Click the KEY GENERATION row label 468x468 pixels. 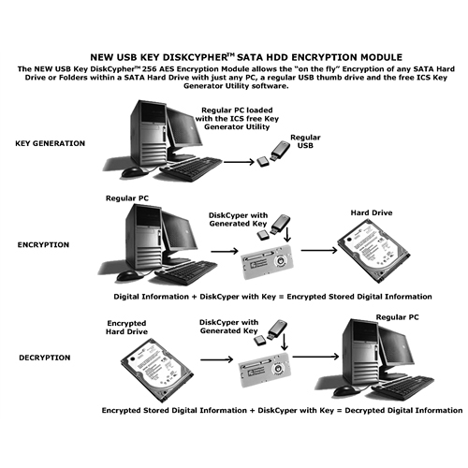pos(51,143)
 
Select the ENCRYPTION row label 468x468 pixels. pos(43,245)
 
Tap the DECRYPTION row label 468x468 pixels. pos(45,358)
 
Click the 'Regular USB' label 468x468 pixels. pos(305,141)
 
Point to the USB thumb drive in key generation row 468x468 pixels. pos(280,151)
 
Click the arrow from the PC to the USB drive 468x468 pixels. pos(240,162)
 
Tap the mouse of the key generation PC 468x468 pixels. pos(132,171)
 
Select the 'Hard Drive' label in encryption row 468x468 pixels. pos(372,212)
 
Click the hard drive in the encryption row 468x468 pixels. pos(373,250)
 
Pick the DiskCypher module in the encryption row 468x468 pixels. pos(267,261)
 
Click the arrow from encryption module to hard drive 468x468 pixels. pos(319,250)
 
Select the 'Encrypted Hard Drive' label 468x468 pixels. pos(126,328)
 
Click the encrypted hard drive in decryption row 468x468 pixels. pos(156,370)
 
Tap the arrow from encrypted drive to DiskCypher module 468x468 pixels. pos(217,359)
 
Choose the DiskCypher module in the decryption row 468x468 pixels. pos(265,370)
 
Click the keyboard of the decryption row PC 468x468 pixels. pos(403,388)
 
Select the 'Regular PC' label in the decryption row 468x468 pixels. pos(397,317)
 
